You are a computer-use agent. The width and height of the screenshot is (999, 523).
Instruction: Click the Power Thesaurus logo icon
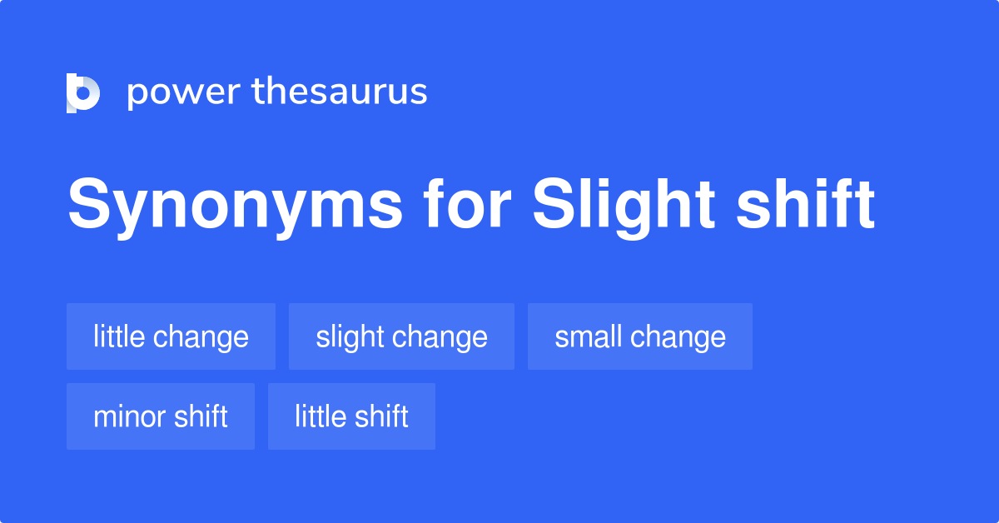coord(82,92)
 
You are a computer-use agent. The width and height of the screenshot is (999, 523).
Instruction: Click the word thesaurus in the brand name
coord(340,92)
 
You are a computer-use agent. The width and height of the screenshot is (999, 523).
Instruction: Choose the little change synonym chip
coord(171,336)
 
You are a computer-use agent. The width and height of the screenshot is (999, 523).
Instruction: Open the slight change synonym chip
coord(401,336)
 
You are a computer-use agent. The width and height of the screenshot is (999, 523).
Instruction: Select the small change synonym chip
coord(639,336)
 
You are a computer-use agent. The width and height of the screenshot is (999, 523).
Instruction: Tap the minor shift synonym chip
coord(160,416)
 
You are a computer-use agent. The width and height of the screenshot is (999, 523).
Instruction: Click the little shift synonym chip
coord(351,416)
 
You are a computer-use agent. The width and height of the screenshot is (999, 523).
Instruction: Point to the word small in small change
coord(588,336)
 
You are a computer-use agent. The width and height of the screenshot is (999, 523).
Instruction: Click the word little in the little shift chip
coord(319,416)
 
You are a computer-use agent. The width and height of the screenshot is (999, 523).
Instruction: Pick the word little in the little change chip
coord(118,336)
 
